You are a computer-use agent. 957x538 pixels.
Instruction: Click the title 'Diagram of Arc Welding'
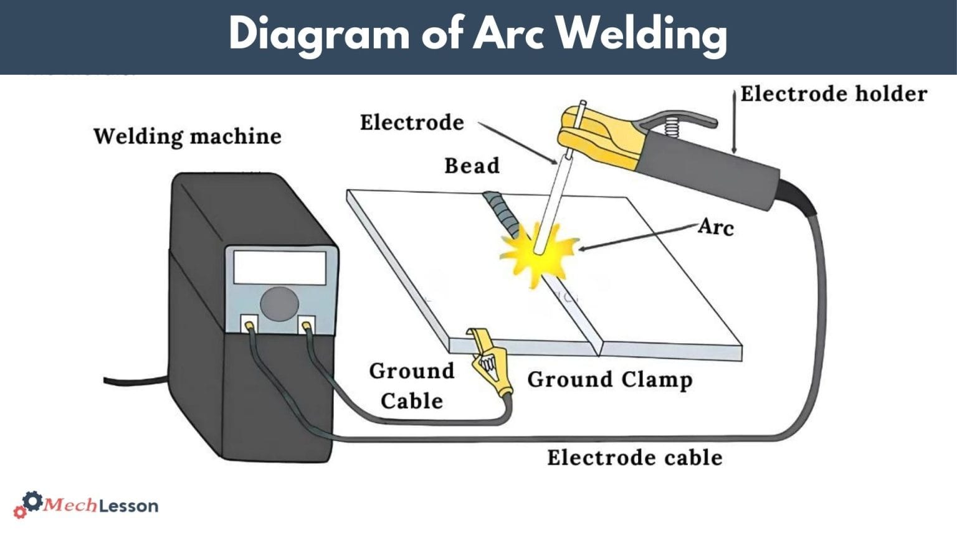478,34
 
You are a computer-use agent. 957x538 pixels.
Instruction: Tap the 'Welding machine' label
187,136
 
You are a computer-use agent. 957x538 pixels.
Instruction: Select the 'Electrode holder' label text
834,94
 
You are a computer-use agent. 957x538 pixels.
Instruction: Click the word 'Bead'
472,166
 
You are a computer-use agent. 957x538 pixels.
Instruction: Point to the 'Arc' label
716,227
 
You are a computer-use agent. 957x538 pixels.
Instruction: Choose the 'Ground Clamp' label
609,379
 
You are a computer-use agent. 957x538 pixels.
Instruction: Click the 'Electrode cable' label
634,458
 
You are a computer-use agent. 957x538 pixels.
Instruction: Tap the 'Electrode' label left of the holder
412,123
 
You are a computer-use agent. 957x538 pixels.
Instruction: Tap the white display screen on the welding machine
279,268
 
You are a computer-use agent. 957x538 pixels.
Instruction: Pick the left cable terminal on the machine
249,324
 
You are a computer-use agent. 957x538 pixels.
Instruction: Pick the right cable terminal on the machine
307,324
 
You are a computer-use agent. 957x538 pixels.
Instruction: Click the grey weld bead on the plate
502,212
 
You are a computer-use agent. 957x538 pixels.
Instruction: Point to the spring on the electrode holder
671,127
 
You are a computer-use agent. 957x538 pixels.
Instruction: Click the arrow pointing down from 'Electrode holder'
735,121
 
